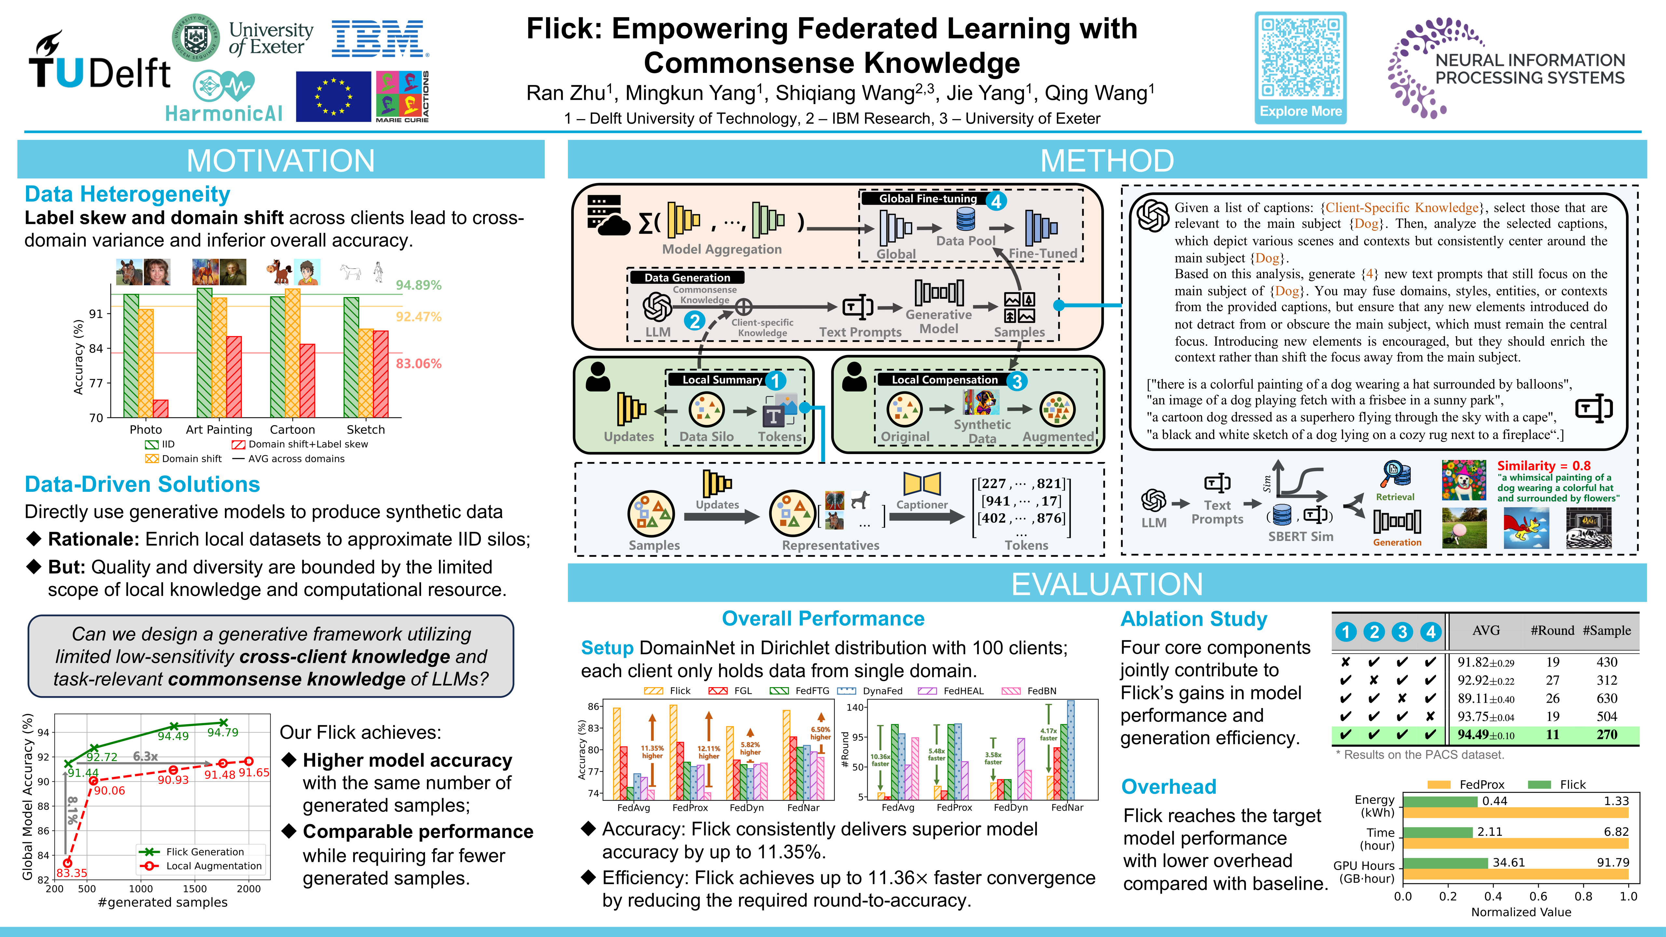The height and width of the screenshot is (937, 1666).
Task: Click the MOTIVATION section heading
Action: [x=281, y=160]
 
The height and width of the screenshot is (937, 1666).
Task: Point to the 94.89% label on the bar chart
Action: [x=418, y=285]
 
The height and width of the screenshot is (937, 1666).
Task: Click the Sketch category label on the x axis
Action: [x=365, y=429]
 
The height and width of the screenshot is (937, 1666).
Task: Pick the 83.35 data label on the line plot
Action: [x=72, y=873]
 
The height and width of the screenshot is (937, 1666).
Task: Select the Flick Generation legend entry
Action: [x=204, y=852]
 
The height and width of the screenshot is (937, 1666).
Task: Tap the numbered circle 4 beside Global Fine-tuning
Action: [x=996, y=201]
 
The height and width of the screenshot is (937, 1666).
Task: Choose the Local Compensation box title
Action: [x=944, y=380]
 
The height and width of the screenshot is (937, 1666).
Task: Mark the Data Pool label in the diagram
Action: [x=965, y=240]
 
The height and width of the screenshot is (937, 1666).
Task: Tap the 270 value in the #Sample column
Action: [x=1606, y=735]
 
